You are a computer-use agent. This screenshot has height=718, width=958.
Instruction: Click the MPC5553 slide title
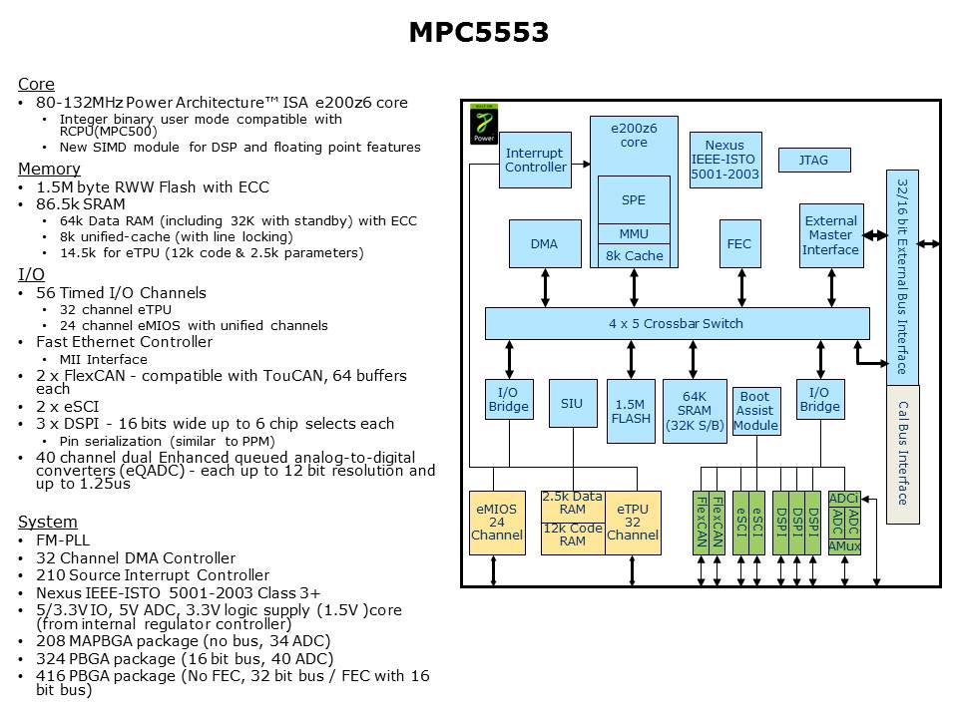(478, 33)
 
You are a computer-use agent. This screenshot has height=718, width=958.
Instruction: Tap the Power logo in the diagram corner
(484, 124)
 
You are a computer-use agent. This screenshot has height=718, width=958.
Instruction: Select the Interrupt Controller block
(535, 160)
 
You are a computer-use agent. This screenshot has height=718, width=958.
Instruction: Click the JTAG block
(813, 160)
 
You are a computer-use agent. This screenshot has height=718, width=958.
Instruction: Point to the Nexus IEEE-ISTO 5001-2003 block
(725, 160)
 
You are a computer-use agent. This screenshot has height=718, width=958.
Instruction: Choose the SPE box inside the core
(634, 199)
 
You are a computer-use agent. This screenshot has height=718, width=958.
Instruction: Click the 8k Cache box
(634, 255)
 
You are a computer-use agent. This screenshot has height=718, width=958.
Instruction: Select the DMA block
(544, 243)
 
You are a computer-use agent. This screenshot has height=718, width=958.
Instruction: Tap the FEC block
(738, 243)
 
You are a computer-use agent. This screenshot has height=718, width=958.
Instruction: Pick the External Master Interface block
(831, 235)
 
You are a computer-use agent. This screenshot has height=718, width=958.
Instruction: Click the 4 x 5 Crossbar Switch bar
(676, 323)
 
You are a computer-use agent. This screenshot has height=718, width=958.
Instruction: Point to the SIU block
(572, 404)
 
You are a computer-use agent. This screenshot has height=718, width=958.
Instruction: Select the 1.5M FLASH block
(631, 411)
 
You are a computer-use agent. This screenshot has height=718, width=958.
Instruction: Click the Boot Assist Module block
(755, 411)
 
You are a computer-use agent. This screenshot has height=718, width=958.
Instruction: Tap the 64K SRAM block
(695, 411)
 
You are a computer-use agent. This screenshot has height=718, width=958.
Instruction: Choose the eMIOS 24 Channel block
(497, 523)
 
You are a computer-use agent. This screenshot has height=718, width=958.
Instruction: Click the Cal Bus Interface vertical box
(902, 454)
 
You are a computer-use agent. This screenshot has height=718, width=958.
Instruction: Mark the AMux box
(844, 546)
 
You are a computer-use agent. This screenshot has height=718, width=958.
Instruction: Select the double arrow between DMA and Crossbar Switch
(545, 287)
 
